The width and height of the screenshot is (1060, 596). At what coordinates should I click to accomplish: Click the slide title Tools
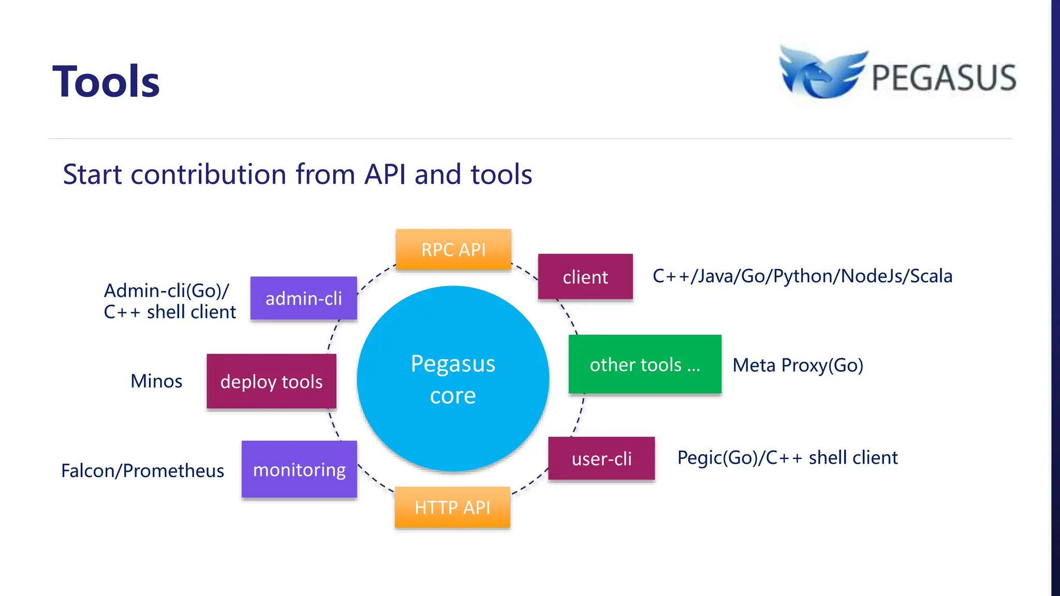106,82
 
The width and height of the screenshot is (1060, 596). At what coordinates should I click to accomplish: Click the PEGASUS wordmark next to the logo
944,78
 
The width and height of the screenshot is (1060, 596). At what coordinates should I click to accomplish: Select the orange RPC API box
453,249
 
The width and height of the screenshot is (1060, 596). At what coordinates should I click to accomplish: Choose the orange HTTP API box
452,508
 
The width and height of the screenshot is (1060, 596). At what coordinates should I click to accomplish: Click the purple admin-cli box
304,299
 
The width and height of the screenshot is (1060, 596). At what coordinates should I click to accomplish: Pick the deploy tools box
271,382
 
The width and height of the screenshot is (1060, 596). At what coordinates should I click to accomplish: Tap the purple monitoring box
299,469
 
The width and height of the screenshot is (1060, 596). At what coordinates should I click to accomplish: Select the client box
585,277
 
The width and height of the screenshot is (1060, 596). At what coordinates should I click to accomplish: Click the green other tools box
645,365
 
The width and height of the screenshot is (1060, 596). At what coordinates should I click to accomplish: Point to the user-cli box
601,458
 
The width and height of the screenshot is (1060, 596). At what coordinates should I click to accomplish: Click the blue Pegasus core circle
453,379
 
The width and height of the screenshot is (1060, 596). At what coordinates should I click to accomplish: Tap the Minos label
156,381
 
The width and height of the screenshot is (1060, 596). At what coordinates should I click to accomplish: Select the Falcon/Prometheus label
143,471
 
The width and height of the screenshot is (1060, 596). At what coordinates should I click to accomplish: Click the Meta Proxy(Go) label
798,365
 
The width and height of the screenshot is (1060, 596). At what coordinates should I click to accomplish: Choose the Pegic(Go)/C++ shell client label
787,458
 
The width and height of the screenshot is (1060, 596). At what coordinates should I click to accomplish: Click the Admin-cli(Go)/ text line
167,291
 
